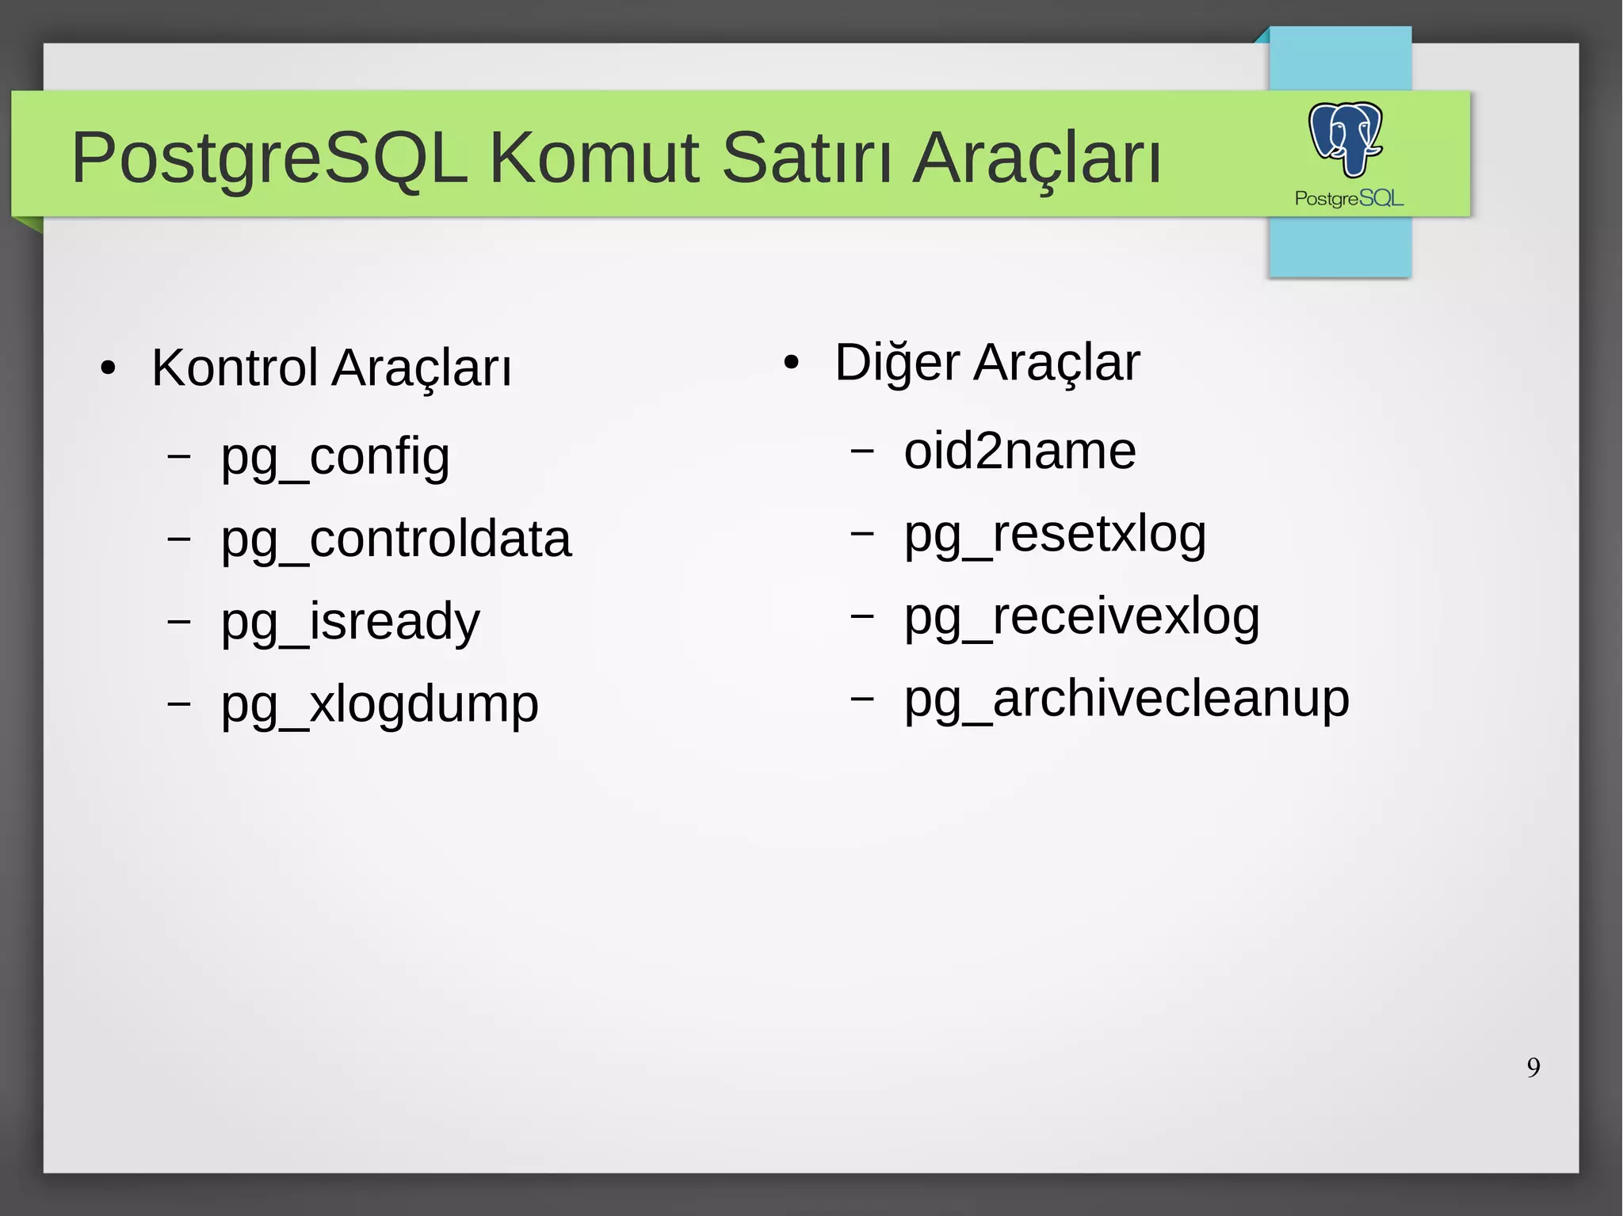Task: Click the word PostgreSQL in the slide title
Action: tap(269, 158)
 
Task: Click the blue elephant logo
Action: tap(1346, 138)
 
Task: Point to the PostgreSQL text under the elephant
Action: tap(1349, 198)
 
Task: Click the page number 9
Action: tap(1533, 1067)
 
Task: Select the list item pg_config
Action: tap(335, 457)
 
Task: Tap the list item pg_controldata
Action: tap(395, 539)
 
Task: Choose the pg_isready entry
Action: tap(350, 622)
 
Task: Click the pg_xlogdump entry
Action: tap(380, 704)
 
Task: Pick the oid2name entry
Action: tap(1020, 452)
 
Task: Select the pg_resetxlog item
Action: tap(1055, 534)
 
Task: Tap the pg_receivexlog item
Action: tap(1082, 616)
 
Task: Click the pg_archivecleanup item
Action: tap(1127, 699)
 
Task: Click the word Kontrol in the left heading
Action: tap(235, 368)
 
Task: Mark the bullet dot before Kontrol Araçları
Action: tap(109, 368)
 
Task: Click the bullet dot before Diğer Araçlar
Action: tap(791, 364)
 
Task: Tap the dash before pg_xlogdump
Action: tap(179, 702)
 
